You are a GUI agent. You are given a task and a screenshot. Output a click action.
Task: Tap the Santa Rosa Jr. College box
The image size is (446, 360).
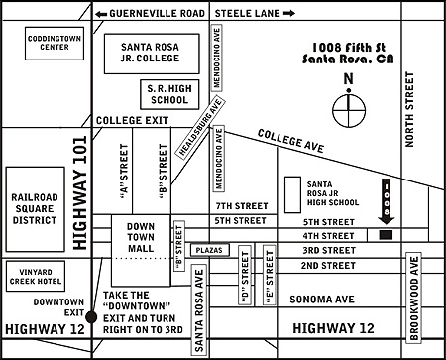(164, 53)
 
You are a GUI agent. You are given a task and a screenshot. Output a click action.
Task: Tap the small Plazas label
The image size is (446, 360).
(209, 250)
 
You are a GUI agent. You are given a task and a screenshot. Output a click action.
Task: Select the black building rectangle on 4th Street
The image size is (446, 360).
(387, 235)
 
